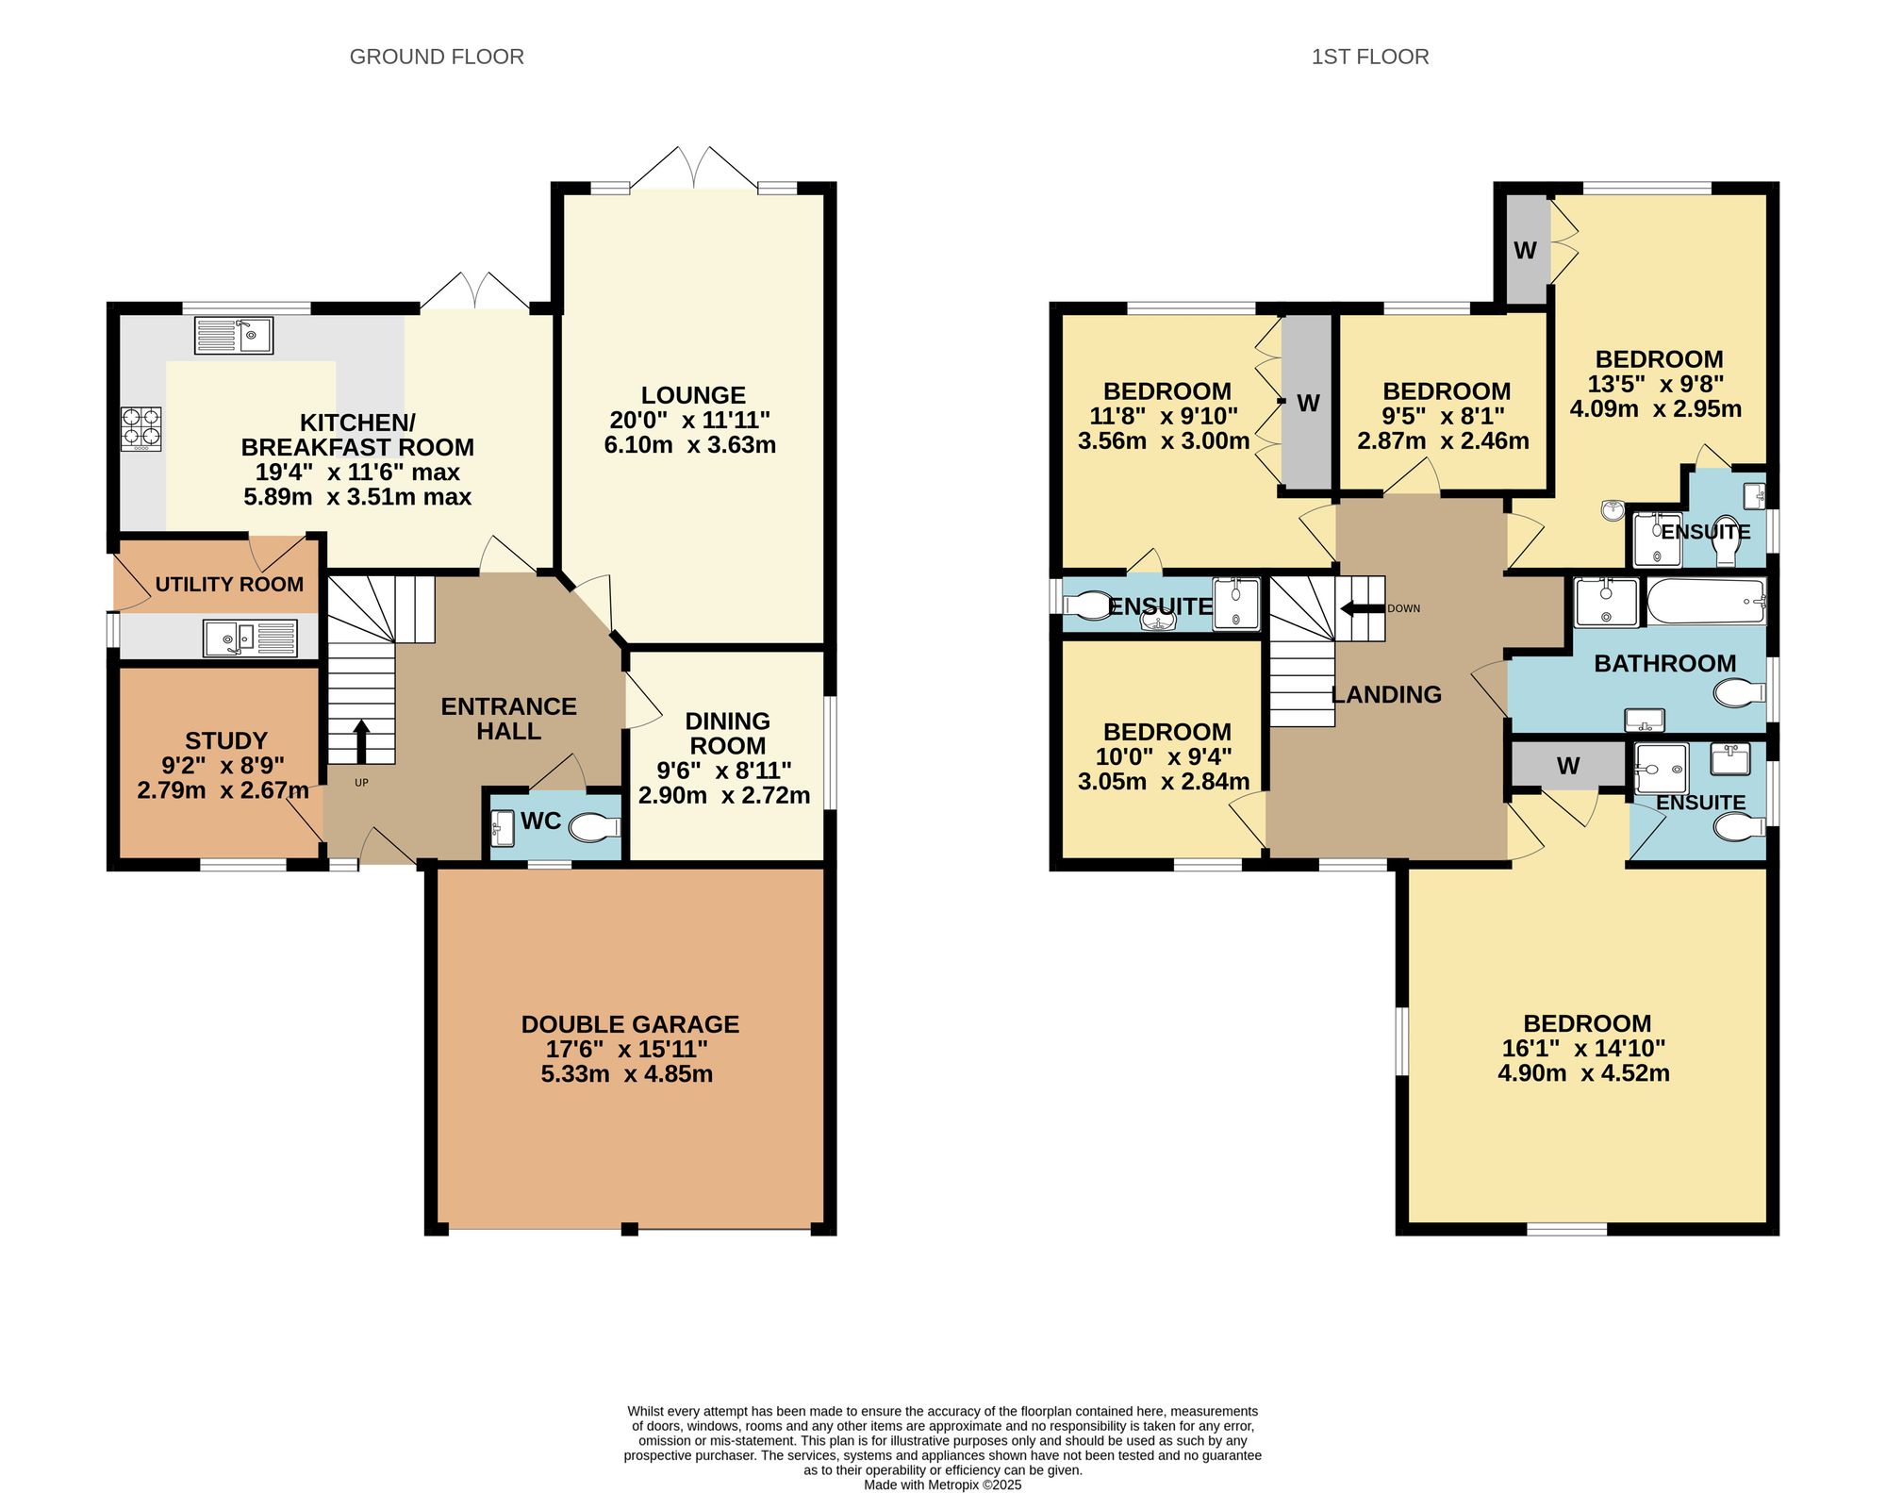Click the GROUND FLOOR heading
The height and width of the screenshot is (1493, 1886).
point(437,57)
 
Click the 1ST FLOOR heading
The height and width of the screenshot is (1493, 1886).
point(1370,57)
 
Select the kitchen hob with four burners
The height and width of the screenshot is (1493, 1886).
point(141,428)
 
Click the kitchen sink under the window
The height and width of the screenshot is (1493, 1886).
point(234,335)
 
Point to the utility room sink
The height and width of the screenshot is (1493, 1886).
point(251,638)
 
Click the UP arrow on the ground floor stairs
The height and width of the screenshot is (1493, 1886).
point(361,742)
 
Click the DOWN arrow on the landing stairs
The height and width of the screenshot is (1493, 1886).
point(1362,608)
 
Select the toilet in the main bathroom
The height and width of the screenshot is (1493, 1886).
point(1739,694)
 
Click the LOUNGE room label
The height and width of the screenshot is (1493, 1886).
point(693,395)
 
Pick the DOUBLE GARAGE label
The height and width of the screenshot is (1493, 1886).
point(630,1024)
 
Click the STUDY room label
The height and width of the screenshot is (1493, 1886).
point(226,740)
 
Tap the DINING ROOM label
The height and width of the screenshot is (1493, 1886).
point(727,733)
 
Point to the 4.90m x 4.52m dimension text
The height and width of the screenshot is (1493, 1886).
point(1583,1073)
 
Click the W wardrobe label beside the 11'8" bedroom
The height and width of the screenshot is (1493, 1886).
point(1308,404)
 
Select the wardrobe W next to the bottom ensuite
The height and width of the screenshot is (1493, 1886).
point(1568,766)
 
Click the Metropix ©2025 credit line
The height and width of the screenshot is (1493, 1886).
point(943,1485)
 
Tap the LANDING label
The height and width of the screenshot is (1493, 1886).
point(1386,695)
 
